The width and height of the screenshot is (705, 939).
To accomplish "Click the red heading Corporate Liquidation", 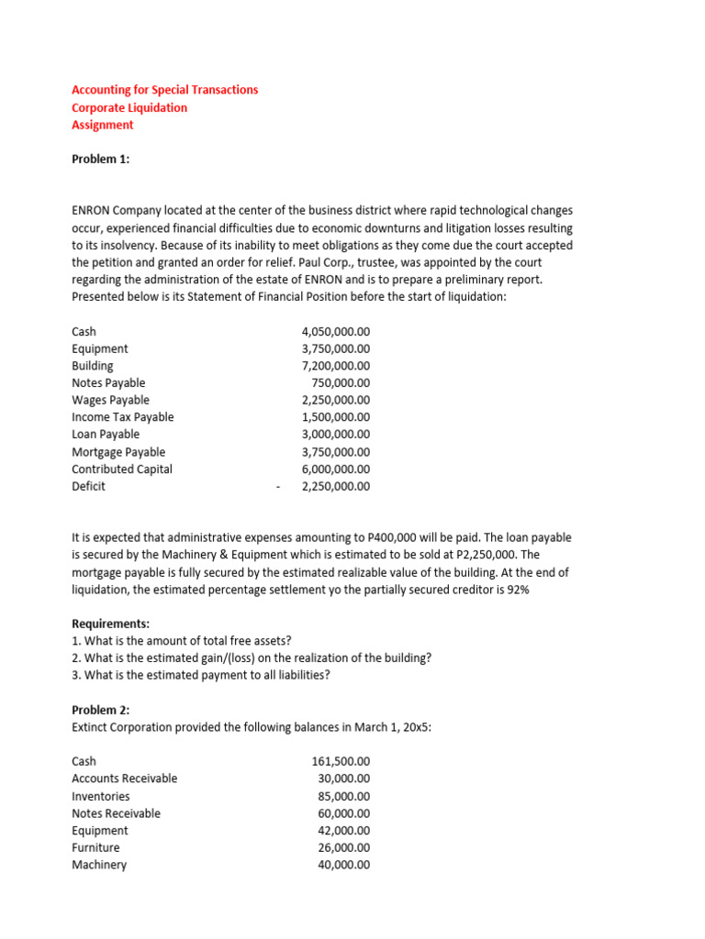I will point(129,107).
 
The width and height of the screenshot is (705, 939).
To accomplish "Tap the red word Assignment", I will point(102,125).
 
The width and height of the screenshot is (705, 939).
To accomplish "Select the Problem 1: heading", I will point(100,159).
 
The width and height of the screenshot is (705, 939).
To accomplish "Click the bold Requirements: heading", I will point(110,624).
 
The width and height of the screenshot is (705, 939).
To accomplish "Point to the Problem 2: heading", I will point(100,710).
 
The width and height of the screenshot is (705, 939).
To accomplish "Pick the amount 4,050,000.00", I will point(335,331).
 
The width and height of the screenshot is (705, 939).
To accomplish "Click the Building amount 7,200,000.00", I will point(335,365).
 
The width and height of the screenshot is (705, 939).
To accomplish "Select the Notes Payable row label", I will point(108,382).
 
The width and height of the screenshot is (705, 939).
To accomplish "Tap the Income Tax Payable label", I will point(122,417).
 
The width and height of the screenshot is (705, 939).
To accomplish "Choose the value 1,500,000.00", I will point(335,417).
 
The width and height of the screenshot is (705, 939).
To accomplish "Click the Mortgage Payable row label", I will point(118,452).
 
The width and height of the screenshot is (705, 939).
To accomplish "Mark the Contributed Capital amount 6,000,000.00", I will point(335,469).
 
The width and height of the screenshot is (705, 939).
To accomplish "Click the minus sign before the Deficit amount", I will point(277,487).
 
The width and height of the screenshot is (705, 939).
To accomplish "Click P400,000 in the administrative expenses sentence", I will point(392,537).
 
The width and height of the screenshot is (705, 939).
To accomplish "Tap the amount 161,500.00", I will point(341,761).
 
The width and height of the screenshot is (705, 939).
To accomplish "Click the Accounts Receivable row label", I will point(124,779).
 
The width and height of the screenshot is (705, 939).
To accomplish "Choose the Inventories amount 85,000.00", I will point(343,796).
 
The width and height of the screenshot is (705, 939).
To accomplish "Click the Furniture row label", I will point(95,847).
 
